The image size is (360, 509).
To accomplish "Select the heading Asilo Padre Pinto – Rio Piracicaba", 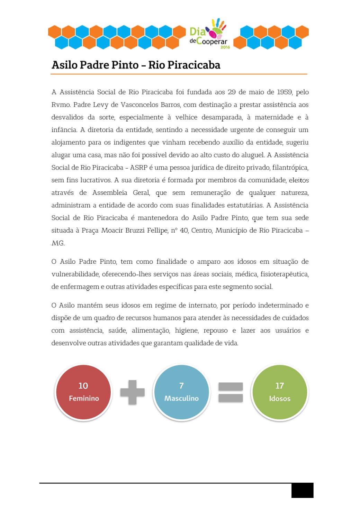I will pos(136,65).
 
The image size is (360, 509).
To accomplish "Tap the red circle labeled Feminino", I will pos(83,392).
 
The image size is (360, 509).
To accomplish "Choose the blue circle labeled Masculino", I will pos(181,392).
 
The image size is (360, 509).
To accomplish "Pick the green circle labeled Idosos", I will pos(280,392).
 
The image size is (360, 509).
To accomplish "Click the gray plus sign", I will pos(132,392).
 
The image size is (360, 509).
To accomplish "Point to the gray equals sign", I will pos(231,392).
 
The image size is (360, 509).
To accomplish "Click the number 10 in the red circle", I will pos(83,385).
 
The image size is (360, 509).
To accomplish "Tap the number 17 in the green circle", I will pos(280,385).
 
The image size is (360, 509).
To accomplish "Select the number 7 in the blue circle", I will pos(181,385).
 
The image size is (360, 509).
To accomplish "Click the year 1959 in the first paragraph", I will pos(284,92).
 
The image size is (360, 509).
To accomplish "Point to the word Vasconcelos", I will pos(140,104).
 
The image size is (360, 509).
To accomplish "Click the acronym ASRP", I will pos(139,167).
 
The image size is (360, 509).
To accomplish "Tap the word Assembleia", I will pos(109,193).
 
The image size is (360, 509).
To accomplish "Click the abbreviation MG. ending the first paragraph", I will pos(58,243).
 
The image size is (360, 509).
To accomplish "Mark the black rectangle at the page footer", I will pos(302,490).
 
